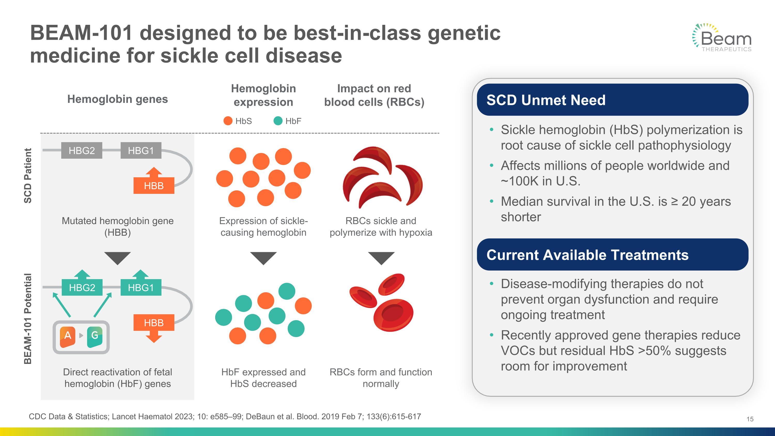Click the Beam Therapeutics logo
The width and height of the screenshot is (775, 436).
(722, 38)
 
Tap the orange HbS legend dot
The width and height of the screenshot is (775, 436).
(228, 121)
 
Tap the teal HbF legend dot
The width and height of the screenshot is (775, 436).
(278, 121)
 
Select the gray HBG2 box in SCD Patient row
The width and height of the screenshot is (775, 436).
(82, 150)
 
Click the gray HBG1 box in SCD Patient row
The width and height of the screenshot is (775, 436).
(141, 150)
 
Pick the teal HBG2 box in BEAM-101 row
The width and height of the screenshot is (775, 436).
(82, 287)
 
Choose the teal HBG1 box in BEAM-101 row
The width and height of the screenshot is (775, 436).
(141, 287)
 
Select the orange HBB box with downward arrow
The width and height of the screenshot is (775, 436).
(154, 323)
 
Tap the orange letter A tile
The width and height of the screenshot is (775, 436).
(68, 335)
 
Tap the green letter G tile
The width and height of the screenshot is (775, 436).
(95, 335)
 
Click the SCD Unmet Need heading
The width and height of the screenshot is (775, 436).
(546, 100)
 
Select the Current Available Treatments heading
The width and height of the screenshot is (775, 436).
(587, 255)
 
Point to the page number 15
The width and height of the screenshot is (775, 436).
(750, 419)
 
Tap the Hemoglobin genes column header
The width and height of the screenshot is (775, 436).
(117, 99)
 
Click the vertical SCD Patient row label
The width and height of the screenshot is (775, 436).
(28, 176)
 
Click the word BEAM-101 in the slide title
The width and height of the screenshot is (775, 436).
(81, 33)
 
